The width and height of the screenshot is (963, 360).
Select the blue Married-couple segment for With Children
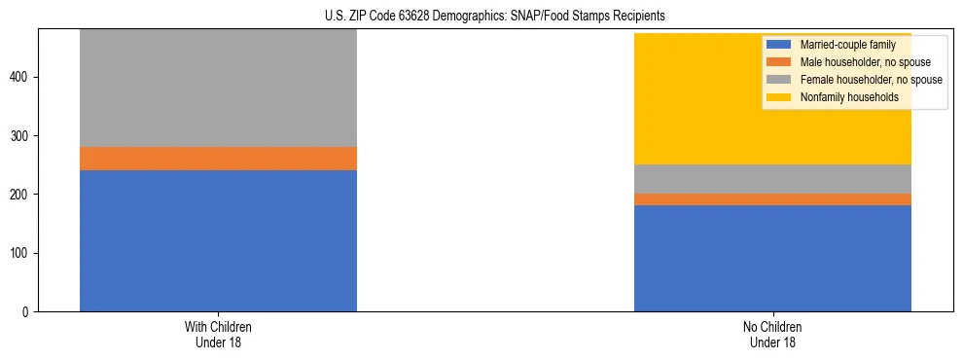(218, 240)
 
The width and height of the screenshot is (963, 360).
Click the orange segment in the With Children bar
(218, 159)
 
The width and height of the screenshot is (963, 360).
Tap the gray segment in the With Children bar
(218, 88)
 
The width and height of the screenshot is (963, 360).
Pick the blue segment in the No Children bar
(772, 258)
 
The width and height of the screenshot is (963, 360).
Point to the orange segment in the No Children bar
(772, 199)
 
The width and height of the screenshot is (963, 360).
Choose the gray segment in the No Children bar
(772, 179)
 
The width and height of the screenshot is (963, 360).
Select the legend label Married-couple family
(842, 45)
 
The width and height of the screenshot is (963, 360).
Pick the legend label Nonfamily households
(842, 97)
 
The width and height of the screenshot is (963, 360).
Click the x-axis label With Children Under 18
(218, 334)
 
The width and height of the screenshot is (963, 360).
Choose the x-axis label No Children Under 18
(772, 334)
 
